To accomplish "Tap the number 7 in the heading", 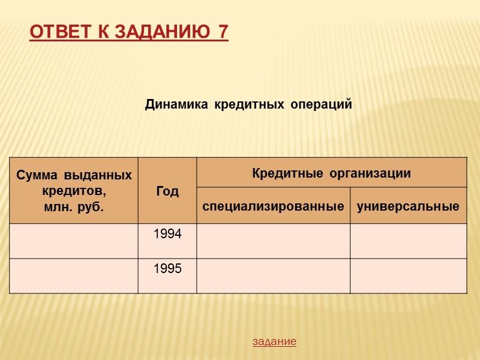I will coord(223,32).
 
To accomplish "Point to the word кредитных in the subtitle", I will coord(247,105).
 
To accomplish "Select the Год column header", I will coord(167,191).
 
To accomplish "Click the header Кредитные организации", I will coord(331,174).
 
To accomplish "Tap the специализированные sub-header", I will coord(273,206).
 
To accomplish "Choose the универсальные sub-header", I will coord(408,206).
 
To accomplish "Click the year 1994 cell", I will coord(167,235).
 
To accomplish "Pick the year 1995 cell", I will coord(167,269).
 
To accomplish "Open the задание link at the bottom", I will coord(274,341).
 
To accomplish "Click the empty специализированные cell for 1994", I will coord(273,241).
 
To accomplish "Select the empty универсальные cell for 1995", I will coord(408,276).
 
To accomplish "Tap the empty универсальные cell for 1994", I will coord(408,241).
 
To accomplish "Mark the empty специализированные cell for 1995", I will coord(273,276).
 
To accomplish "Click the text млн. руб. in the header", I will coord(73,207).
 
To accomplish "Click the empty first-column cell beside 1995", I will coord(73,276).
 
